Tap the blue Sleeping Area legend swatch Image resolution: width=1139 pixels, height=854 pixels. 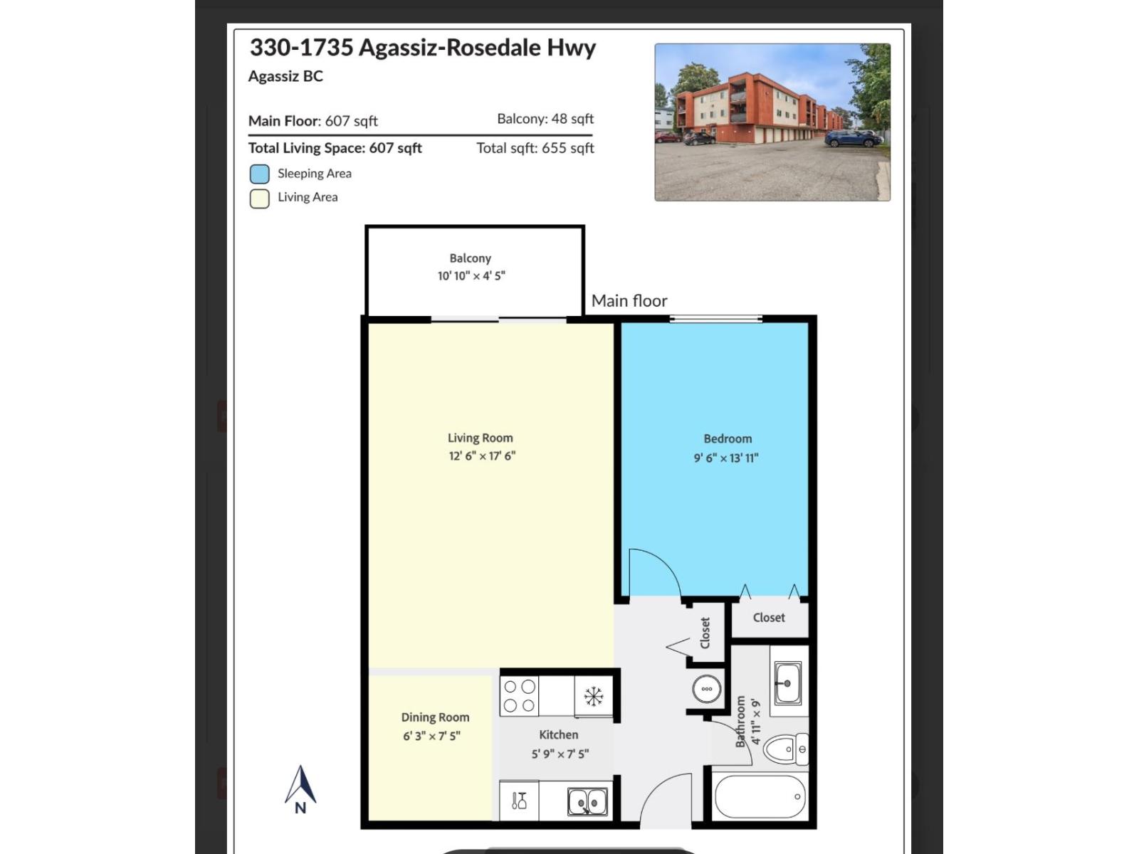[260, 174]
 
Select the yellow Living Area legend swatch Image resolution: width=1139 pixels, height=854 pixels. [260, 198]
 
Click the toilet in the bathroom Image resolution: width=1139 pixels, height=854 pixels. [787, 749]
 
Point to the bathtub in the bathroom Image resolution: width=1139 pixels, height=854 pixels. [760, 797]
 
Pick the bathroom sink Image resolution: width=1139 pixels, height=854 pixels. [787, 682]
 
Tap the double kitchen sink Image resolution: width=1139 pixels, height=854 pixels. [587, 802]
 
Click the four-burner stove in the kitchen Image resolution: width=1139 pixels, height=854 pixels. [519, 696]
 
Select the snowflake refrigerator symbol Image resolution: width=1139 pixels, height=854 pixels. [594, 696]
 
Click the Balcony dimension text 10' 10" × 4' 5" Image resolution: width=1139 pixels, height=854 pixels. [471, 276]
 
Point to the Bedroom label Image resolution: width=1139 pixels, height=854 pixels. [728, 439]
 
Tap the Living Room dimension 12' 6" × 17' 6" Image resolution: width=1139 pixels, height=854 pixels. [482, 456]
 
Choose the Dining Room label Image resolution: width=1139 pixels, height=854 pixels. [435, 717]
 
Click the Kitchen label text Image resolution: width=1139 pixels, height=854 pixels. [559, 734]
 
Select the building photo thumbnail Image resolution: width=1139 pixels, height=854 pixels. [772, 122]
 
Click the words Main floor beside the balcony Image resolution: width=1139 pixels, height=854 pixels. [629, 301]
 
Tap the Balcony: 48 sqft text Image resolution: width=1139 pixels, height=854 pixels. [545, 119]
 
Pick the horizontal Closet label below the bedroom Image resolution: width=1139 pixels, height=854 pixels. [769, 618]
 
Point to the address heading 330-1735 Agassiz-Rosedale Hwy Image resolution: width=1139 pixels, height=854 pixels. [423, 48]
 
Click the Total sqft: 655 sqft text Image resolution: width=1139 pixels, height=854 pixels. [535, 148]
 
